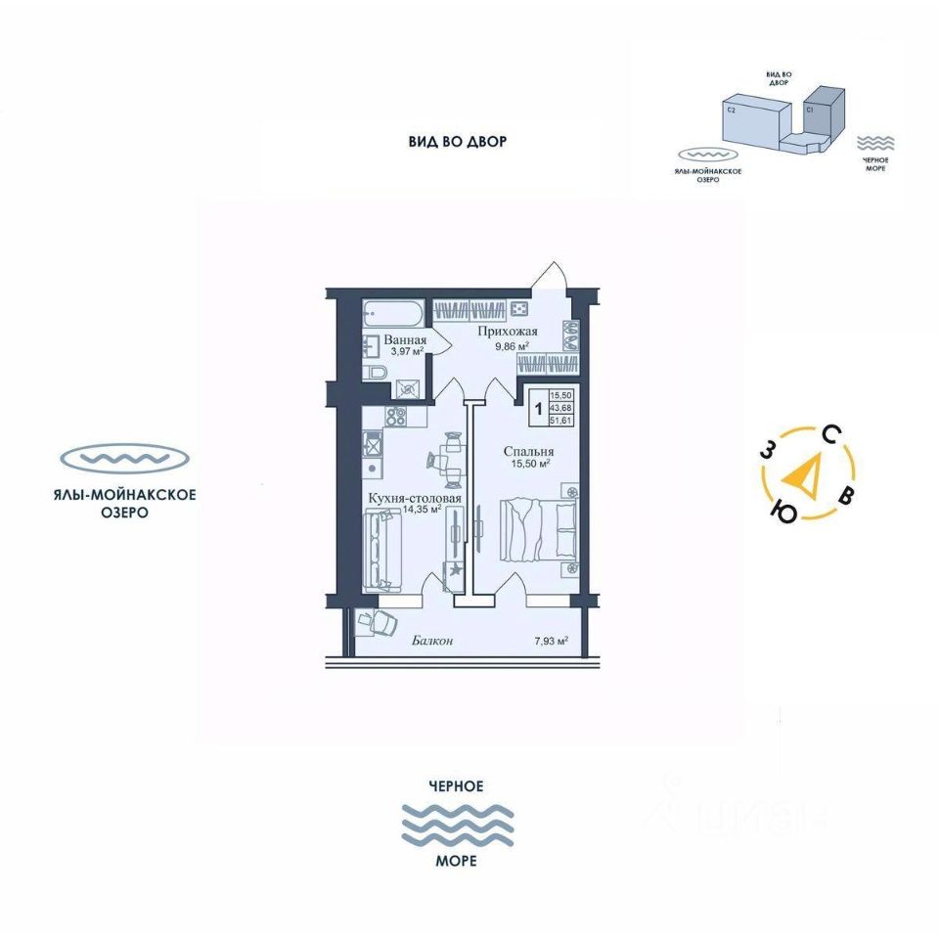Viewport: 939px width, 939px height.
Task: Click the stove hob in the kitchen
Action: (396, 415)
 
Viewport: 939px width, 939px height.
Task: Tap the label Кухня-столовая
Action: (415, 498)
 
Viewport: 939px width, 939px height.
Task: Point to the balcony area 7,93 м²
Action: (552, 642)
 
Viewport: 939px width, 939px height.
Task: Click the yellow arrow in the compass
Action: (805, 475)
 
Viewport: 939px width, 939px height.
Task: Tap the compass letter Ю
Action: (782, 511)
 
